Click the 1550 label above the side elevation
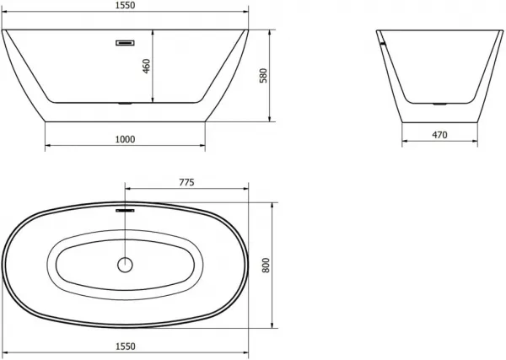pos(125,6)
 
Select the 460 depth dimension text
pos(147,66)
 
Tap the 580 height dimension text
pos(264,76)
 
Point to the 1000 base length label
pos(125,139)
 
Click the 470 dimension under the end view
pos(439,135)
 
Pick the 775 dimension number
pos(187,183)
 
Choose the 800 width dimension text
pos(266,266)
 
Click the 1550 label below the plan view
pos(125,347)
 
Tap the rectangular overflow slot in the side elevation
pos(125,43)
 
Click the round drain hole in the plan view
pos(125,265)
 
